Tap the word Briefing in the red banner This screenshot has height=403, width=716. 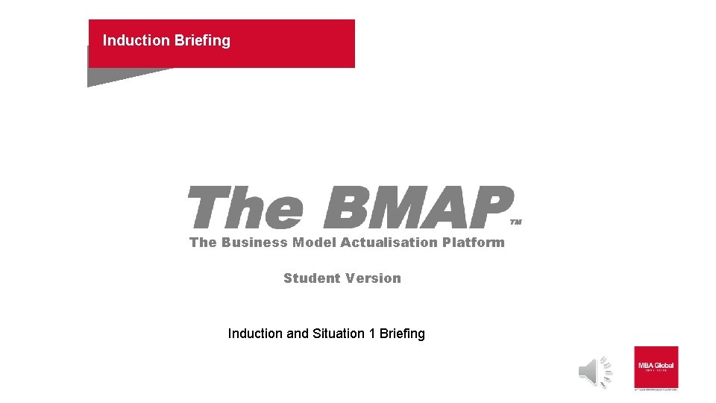click(x=203, y=40)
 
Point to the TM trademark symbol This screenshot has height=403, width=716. click(x=516, y=222)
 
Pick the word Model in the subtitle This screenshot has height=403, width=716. click(x=314, y=243)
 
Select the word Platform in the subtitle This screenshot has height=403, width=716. click(x=474, y=243)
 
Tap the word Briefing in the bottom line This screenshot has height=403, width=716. click(x=402, y=334)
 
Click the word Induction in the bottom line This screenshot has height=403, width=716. click(x=255, y=334)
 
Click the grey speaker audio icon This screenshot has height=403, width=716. click(x=595, y=372)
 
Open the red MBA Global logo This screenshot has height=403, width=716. click(x=656, y=367)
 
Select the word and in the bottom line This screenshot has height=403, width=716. click(x=298, y=334)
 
